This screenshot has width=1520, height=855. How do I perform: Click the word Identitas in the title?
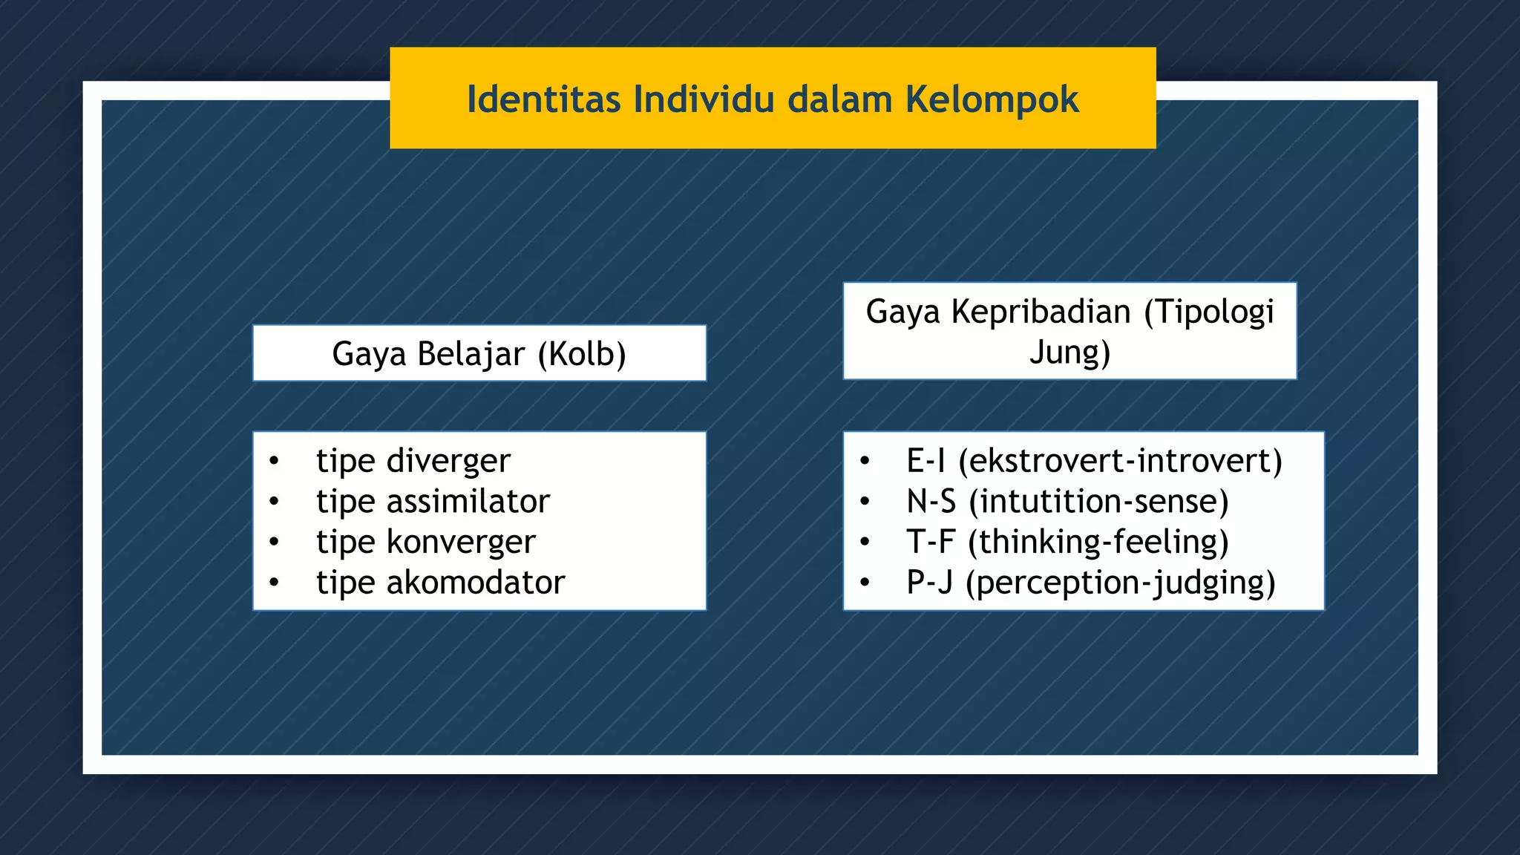click(x=543, y=99)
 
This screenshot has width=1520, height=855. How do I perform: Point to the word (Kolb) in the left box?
click(x=582, y=354)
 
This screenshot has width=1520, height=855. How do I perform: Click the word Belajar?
click(x=471, y=354)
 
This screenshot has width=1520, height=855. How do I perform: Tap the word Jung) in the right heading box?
click(x=1069, y=352)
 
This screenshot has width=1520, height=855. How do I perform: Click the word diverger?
click(x=448, y=461)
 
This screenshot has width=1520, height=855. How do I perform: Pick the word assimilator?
click(x=468, y=502)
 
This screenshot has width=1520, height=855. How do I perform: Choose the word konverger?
click(x=461, y=542)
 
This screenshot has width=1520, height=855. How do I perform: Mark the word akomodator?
click(x=475, y=583)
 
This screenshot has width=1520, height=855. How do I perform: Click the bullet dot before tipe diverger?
click(x=274, y=462)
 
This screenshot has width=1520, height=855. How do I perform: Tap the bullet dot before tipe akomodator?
click(x=274, y=583)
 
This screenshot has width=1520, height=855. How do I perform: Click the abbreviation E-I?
click(x=926, y=461)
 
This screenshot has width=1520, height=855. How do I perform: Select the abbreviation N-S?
click(x=931, y=502)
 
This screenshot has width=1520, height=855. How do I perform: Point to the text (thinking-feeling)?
click(x=1098, y=542)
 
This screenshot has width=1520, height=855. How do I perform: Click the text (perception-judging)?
click(x=1121, y=583)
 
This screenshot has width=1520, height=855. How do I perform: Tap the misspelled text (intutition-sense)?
click(x=1099, y=502)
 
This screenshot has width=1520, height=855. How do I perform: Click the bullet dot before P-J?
click(x=865, y=583)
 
